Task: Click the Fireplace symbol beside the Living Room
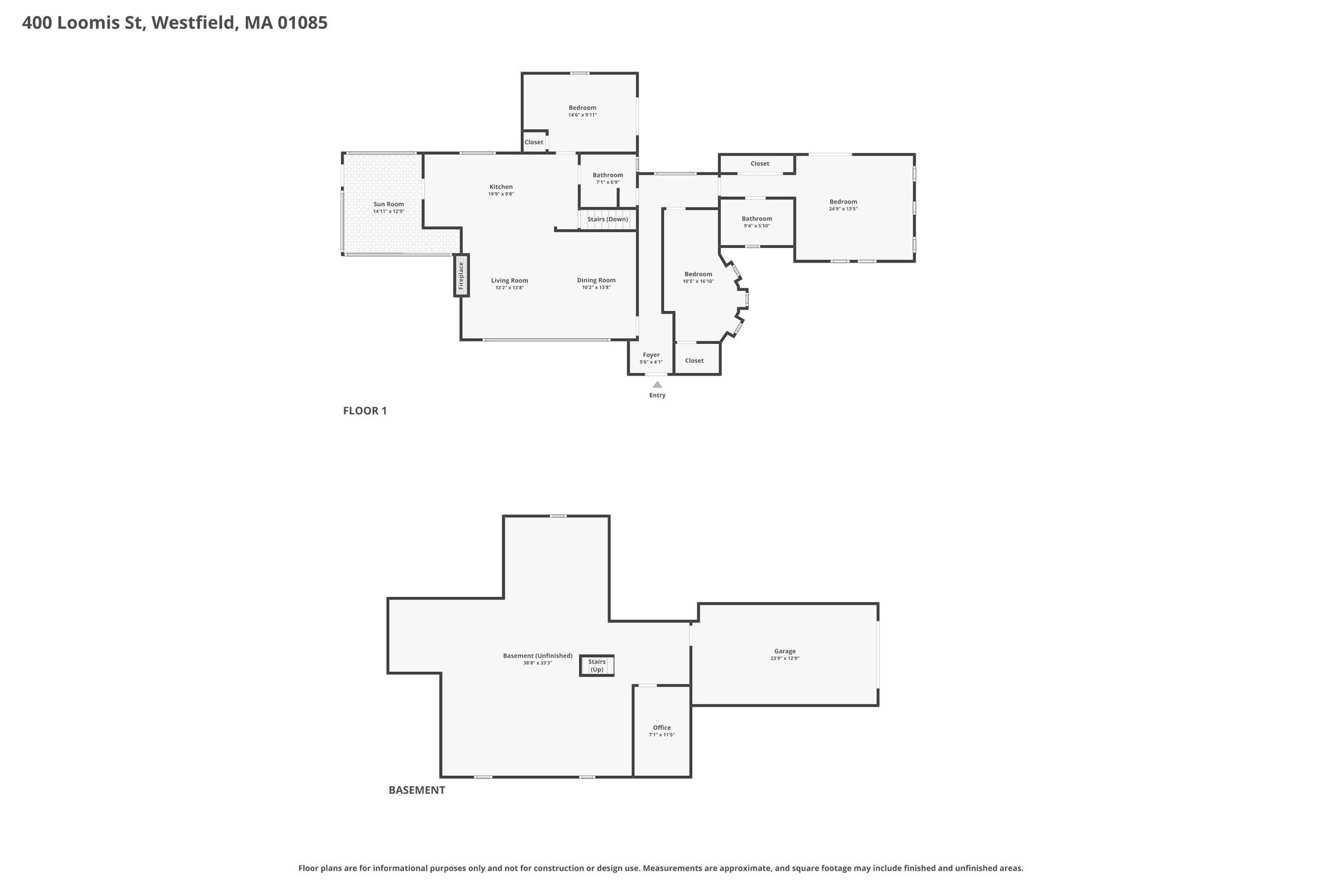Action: (462, 275)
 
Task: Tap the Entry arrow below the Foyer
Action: (657, 385)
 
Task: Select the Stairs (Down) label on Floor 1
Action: (607, 219)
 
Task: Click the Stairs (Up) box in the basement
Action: (596, 665)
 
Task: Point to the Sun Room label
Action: (389, 204)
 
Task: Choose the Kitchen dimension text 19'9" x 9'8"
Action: (501, 194)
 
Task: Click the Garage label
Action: (785, 651)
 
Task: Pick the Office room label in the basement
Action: (662, 727)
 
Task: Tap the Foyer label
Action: (651, 355)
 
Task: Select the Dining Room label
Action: (596, 280)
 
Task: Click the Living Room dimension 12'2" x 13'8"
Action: (509, 288)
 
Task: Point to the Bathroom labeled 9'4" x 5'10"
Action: (757, 219)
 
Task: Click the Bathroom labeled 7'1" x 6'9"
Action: (608, 175)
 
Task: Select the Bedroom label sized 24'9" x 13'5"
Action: (843, 202)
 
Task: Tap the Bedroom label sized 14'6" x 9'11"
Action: (582, 108)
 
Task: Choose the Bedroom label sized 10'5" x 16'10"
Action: (698, 274)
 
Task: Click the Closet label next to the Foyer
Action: (695, 361)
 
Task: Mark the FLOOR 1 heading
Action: (365, 410)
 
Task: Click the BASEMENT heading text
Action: (417, 790)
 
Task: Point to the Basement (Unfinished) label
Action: (538, 656)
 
